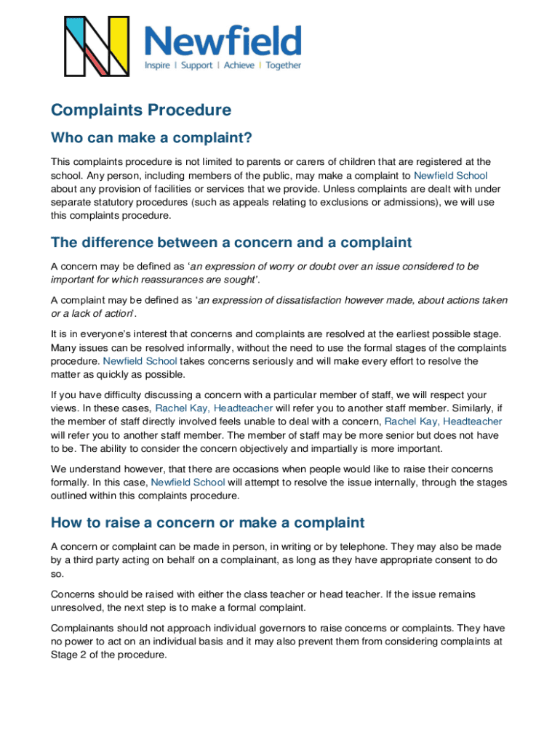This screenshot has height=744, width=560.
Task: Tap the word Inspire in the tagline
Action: pos(156,65)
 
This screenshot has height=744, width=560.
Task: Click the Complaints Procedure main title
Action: pos(141,110)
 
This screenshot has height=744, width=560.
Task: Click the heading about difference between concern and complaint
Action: pos(231,242)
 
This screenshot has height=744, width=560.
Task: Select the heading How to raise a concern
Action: pos(207,522)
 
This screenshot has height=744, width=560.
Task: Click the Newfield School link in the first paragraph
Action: pos(450,175)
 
